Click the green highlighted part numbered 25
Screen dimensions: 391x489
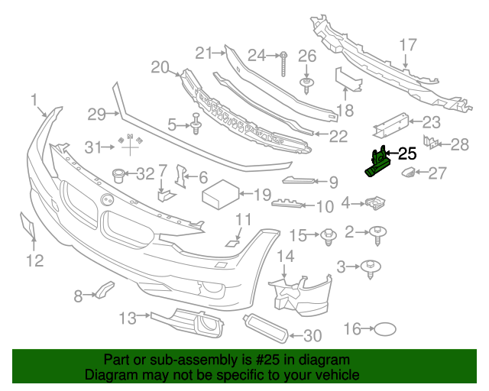click(x=377, y=164)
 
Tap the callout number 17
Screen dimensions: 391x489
click(x=407, y=44)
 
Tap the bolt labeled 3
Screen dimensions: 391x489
click(x=374, y=266)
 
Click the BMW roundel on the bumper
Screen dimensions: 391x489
click(x=106, y=199)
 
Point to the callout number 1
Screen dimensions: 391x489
click(x=34, y=99)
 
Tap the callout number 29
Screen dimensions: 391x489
click(x=96, y=115)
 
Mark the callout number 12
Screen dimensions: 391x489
click(x=34, y=262)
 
